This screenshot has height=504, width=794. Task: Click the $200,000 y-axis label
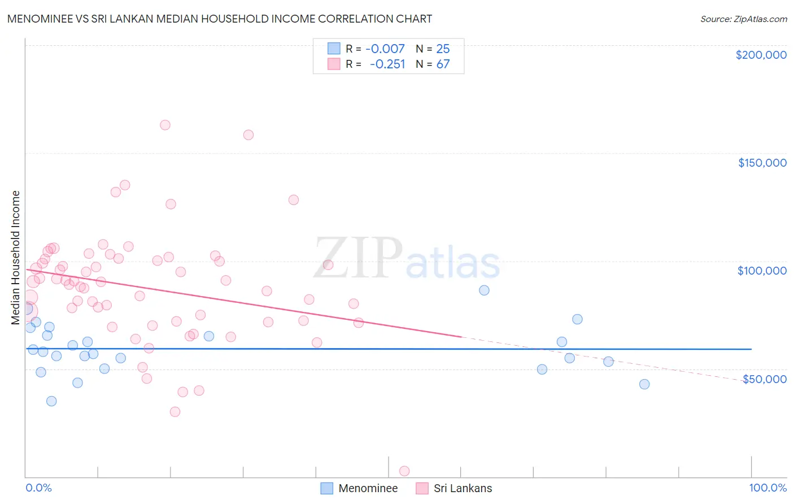761,55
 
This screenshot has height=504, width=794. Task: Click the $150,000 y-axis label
762,163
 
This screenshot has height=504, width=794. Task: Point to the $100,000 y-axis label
762,271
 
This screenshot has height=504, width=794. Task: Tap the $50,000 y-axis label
764,379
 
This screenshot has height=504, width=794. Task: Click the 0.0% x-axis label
38,488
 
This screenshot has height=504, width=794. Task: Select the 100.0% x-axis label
767,488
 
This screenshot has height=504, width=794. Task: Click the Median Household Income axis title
15,258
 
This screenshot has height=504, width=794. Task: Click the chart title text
220,19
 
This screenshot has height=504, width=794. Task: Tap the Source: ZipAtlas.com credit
743,19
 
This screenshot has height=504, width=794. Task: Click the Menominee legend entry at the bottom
368,488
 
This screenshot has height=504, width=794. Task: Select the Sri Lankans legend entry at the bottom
463,488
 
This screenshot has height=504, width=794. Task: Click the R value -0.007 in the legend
385,49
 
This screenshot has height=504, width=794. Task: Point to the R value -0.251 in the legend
387,64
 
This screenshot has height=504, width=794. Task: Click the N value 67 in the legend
443,64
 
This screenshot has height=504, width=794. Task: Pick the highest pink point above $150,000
165,125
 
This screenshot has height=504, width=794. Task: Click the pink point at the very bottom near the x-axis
404,471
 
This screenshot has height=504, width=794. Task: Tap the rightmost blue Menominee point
644,384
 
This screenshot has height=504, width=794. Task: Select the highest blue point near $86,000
484,290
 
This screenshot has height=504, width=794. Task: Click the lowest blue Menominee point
51,401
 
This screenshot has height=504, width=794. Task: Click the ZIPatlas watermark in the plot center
407,259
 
